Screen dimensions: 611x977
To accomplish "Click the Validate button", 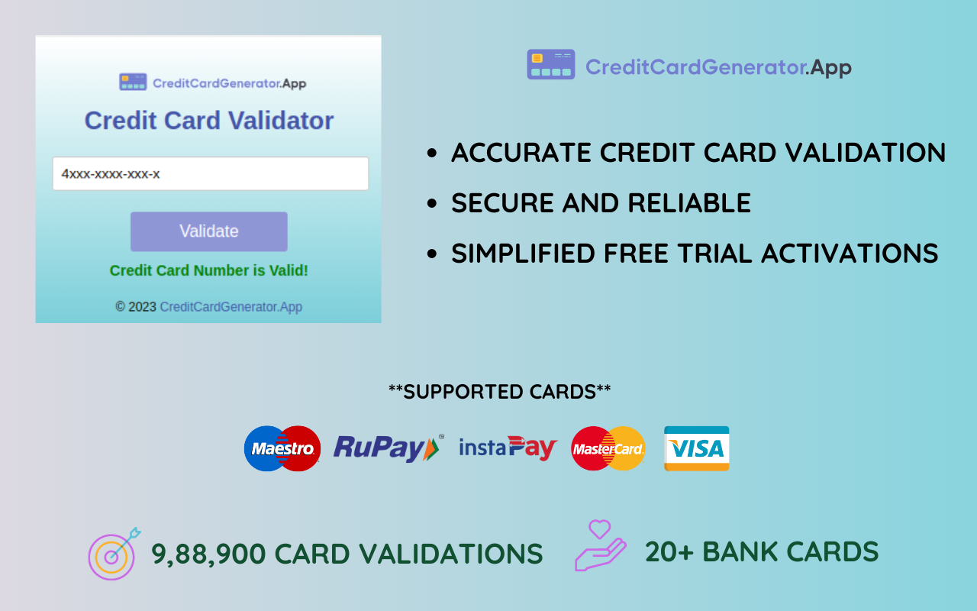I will coord(208,231).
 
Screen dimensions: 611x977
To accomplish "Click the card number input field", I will coord(210,174).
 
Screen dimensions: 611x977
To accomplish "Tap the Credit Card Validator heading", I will coord(208,121).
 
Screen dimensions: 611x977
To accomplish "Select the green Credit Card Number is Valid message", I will coord(208,270).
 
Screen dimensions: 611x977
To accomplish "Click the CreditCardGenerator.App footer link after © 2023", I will coord(231,307).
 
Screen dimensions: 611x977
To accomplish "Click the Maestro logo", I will coord(282,448).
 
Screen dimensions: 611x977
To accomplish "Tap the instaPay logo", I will coord(508,448).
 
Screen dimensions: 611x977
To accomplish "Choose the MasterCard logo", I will coord(608,448).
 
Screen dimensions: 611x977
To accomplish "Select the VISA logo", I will coord(696,448).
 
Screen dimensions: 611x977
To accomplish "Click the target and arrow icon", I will coord(114,554).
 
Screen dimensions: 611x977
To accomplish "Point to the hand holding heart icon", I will coord(600,546).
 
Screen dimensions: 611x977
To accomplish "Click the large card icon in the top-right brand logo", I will coord(550,65).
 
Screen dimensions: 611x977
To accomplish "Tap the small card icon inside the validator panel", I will coord(133,82).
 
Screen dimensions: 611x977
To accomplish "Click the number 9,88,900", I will coord(208,554).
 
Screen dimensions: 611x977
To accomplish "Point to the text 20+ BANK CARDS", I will coord(761,551).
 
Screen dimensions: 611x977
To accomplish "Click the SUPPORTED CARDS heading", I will coord(499,392).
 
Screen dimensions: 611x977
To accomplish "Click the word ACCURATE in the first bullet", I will coord(521,153).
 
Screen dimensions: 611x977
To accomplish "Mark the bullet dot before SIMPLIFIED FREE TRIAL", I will coord(433,254).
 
